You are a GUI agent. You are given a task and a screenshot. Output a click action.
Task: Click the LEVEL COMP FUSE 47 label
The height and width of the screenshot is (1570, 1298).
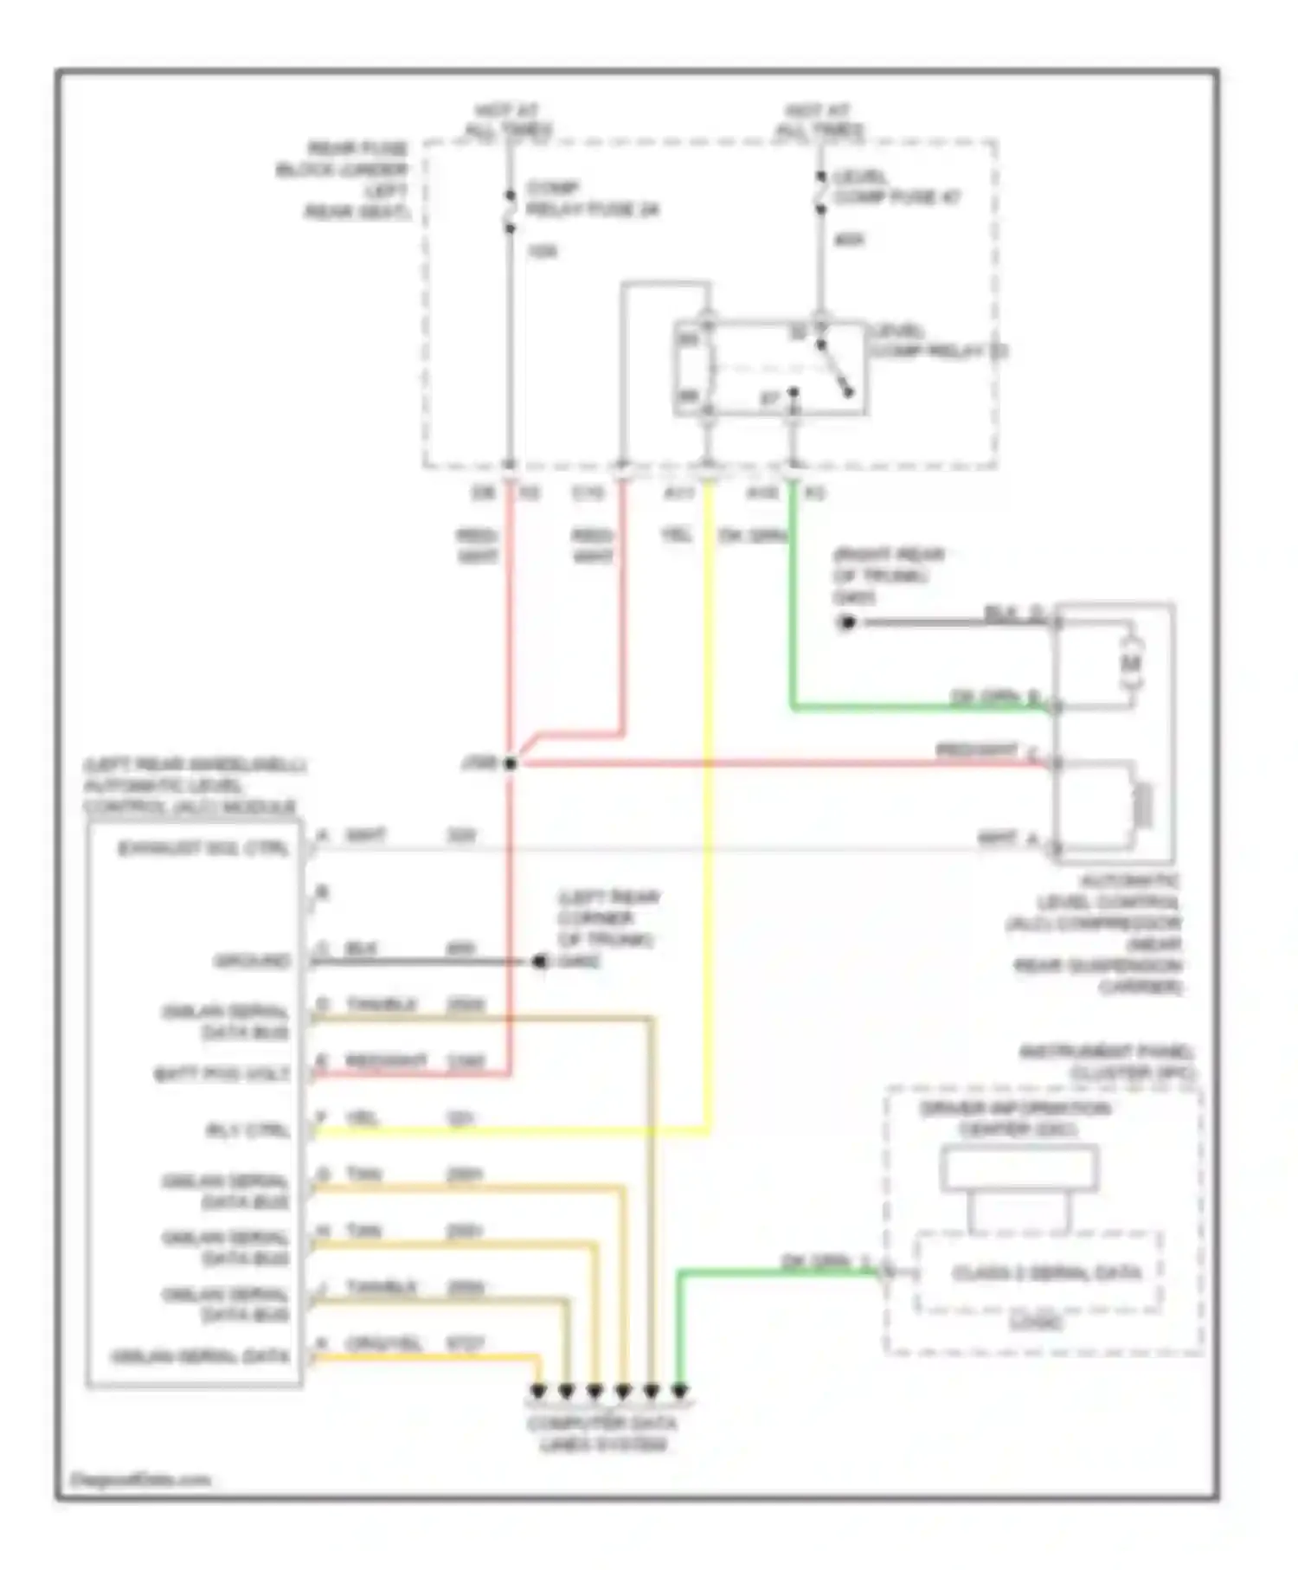tap(896, 188)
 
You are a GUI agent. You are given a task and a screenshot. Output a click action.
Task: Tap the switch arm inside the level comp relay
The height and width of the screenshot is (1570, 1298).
tap(836, 372)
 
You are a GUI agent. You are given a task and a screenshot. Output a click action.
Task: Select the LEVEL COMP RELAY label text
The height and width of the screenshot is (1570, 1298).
tap(938, 341)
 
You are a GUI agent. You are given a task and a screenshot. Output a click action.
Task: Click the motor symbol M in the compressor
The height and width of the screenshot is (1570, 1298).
tap(1131, 664)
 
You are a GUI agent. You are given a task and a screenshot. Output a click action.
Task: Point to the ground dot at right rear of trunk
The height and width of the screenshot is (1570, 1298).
tap(847, 622)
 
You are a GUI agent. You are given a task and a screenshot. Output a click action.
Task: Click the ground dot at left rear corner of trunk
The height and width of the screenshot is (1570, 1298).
tap(539, 961)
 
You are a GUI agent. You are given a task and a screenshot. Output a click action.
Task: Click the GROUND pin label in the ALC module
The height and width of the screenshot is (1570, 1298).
tap(252, 961)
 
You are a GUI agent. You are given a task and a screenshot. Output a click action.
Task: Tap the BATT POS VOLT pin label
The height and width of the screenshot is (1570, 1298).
tap(222, 1074)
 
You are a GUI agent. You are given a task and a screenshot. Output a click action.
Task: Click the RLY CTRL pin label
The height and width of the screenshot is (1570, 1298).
tap(247, 1130)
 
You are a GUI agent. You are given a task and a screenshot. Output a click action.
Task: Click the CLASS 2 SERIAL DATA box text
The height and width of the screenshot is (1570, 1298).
tap(1046, 1273)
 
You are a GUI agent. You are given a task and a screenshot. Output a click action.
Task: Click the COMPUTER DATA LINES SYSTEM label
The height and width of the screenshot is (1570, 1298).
tap(602, 1433)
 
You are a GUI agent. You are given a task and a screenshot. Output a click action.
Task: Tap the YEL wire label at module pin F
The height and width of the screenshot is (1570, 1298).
tap(363, 1118)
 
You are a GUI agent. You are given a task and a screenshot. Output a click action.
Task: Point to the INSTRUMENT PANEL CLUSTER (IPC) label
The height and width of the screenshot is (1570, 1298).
tap(1107, 1062)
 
